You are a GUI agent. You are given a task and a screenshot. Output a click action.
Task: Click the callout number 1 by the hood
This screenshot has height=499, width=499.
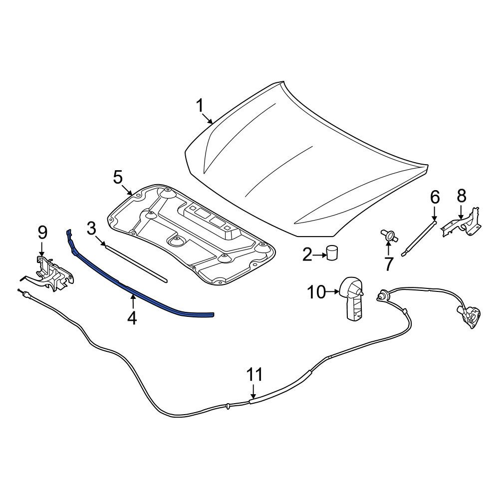(x=200, y=106)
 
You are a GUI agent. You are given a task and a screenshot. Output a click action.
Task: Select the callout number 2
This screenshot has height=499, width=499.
(x=307, y=255)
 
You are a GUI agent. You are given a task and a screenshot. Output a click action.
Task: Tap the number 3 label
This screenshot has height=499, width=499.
(x=91, y=229)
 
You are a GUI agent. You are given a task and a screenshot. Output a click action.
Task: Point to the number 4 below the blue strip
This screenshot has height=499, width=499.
(x=132, y=317)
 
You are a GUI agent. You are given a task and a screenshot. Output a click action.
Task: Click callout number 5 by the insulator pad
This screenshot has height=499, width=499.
(x=118, y=177)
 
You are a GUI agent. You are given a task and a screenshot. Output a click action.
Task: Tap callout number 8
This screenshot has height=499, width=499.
(x=462, y=196)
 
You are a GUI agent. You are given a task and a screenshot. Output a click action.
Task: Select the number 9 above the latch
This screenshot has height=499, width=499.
(x=42, y=233)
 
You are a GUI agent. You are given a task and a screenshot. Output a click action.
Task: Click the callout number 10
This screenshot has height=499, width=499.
(x=317, y=292)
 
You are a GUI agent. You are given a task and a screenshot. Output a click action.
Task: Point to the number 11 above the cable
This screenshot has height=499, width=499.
(x=254, y=375)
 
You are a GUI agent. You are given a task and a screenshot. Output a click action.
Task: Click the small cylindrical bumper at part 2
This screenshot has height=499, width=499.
(x=332, y=252)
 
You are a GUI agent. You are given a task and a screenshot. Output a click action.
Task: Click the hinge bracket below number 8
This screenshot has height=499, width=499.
(x=462, y=222)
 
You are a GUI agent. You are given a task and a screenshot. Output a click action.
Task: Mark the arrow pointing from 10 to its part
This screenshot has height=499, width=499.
(x=333, y=291)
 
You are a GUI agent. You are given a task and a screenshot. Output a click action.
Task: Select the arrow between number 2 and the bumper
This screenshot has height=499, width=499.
(x=319, y=255)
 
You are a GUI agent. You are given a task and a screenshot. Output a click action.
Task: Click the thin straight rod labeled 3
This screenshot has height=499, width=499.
(x=136, y=262)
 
